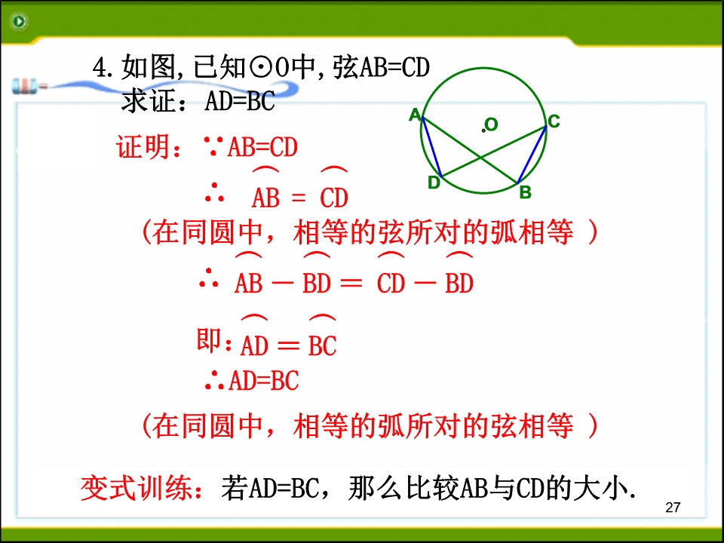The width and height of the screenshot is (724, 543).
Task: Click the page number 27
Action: pyautogui.click(x=673, y=508)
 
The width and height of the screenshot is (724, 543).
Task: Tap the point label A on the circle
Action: pyautogui.click(x=415, y=115)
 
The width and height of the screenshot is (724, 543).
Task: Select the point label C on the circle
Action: pyautogui.click(x=554, y=121)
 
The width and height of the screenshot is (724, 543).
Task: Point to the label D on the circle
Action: pyautogui.click(x=434, y=183)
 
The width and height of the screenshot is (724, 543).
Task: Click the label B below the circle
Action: pyautogui.click(x=526, y=192)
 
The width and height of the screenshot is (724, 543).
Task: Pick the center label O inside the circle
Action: pyautogui.click(x=491, y=124)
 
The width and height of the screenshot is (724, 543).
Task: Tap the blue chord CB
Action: pyautogui.click(x=532, y=154)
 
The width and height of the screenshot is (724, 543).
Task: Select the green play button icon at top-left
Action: pyautogui.click(x=19, y=21)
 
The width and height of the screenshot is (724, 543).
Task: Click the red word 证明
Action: pyautogui.click(x=143, y=147)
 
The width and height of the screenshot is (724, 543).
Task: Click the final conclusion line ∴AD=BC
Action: pyautogui.click(x=252, y=380)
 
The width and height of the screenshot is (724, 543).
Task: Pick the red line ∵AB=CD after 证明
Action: pyautogui.click(x=251, y=147)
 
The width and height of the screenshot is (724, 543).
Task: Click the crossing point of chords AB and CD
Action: pyautogui.click(x=480, y=158)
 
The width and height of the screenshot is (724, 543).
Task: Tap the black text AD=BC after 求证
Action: pyautogui.click(x=240, y=101)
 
